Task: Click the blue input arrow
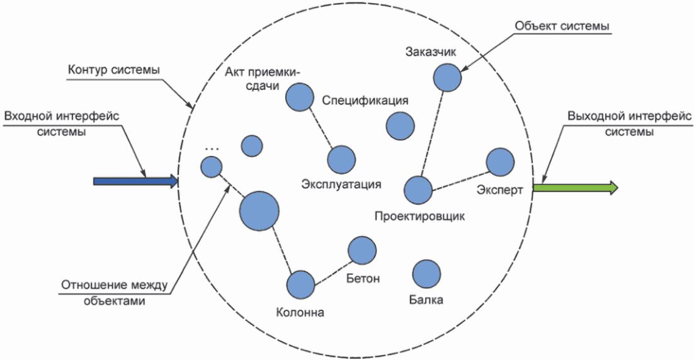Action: click(x=135, y=181)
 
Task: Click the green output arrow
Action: click(x=575, y=188)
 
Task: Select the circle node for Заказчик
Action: click(x=447, y=77)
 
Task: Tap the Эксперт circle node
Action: click(x=500, y=162)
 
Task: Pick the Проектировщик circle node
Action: click(x=418, y=189)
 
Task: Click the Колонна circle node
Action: click(x=300, y=285)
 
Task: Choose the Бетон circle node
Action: click(x=362, y=250)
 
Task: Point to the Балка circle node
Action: click(x=426, y=274)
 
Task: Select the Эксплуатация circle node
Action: click(x=341, y=160)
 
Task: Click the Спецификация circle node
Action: click(x=400, y=126)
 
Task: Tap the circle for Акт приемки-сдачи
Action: click(x=300, y=97)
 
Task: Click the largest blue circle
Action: click(x=259, y=211)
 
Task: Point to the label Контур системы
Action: click(x=114, y=70)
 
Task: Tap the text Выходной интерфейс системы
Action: click(x=629, y=124)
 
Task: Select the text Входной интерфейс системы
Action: click(x=62, y=124)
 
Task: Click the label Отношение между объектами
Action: click(x=115, y=293)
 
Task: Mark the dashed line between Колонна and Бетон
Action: click(x=331, y=268)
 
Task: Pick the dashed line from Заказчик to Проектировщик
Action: click(x=433, y=134)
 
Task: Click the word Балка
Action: click(x=426, y=300)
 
